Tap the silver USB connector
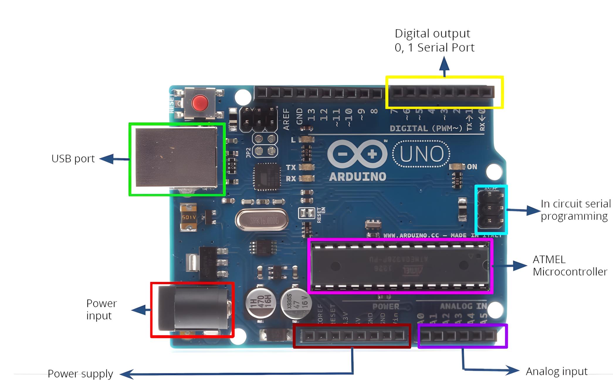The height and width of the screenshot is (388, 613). click(176, 157)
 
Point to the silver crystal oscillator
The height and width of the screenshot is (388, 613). click(262, 220)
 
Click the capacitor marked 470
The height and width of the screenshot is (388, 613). click(260, 303)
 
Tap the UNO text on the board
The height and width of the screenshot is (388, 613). click(421, 154)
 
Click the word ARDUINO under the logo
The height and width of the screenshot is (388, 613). click(358, 177)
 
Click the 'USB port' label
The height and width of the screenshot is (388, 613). click(73, 159)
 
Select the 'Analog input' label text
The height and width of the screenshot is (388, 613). click(556, 371)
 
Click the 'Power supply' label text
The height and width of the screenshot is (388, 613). click(80, 374)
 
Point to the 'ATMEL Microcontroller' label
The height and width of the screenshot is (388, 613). click(569, 266)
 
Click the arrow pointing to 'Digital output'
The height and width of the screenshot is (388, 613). click(444, 66)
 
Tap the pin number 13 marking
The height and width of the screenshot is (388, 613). click(311, 115)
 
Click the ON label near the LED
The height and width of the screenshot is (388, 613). click(472, 167)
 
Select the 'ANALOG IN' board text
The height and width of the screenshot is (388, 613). click(463, 306)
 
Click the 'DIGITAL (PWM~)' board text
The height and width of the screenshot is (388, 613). click(426, 128)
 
